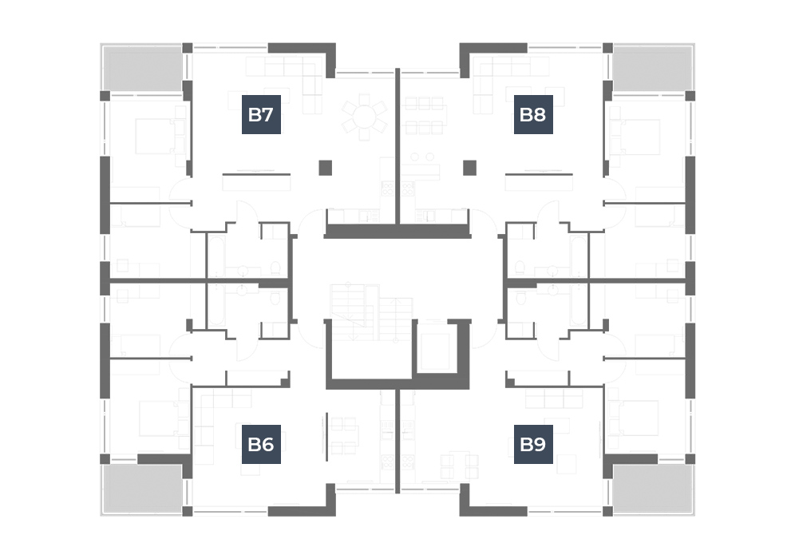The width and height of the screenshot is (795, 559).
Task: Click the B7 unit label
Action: click(261, 115)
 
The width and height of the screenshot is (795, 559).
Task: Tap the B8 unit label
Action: click(533, 115)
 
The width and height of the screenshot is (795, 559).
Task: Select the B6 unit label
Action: click(261, 444)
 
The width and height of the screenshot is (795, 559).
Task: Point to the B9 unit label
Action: click(533, 444)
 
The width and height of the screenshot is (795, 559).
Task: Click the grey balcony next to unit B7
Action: click(142, 69)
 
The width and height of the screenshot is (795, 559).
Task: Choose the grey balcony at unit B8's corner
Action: click(652, 69)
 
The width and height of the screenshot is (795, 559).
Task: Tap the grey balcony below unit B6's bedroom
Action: click(142, 488)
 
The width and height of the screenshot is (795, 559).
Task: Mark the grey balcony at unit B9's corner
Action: click(652, 488)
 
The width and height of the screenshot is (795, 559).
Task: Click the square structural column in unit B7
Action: click(326, 168)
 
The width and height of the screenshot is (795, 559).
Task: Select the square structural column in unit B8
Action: click(469, 168)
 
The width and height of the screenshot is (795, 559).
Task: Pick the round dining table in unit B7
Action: click(364, 117)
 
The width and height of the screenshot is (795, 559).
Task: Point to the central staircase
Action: click(371, 312)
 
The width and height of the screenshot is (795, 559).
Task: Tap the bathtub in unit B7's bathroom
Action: click(216, 256)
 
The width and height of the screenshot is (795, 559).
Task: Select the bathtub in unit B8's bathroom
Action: click(578, 256)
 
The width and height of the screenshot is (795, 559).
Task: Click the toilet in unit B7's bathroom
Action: click(275, 268)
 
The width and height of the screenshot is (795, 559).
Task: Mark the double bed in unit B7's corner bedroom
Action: click(154, 137)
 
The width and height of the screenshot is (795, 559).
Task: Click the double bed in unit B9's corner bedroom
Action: click(639, 418)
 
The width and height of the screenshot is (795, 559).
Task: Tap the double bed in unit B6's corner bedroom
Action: click(158, 418)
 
